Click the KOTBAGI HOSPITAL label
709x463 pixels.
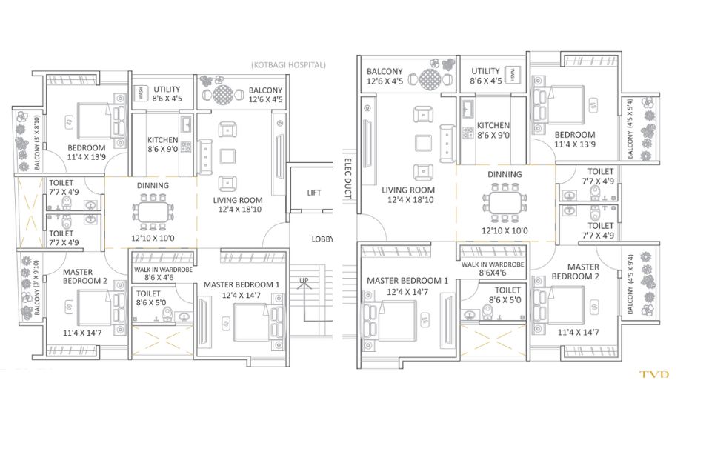coord(288,64)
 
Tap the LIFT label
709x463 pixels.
coord(314,193)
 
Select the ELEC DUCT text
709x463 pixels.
coord(347,178)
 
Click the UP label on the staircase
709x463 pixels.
coord(304,280)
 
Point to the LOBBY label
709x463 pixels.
coord(322,239)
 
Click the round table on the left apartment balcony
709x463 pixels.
coord(222,95)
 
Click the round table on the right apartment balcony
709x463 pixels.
coord(430,79)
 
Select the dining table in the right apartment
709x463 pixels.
coord(505,202)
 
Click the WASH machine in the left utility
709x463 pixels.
coord(141,95)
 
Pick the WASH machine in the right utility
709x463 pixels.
coord(513,75)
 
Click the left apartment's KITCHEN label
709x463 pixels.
coord(162,140)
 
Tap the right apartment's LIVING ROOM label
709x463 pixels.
coord(408,190)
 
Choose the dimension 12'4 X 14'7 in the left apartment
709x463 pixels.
coord(241,296)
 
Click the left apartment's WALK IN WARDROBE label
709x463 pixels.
coord(163,270)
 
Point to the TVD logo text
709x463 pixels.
coord(653,374)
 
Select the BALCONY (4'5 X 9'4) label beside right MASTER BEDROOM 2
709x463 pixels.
coord(630,284)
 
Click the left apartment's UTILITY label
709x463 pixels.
coord(167,89)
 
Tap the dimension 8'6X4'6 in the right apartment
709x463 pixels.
coord(493,273)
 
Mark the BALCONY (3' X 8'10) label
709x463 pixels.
coord(36,142)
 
